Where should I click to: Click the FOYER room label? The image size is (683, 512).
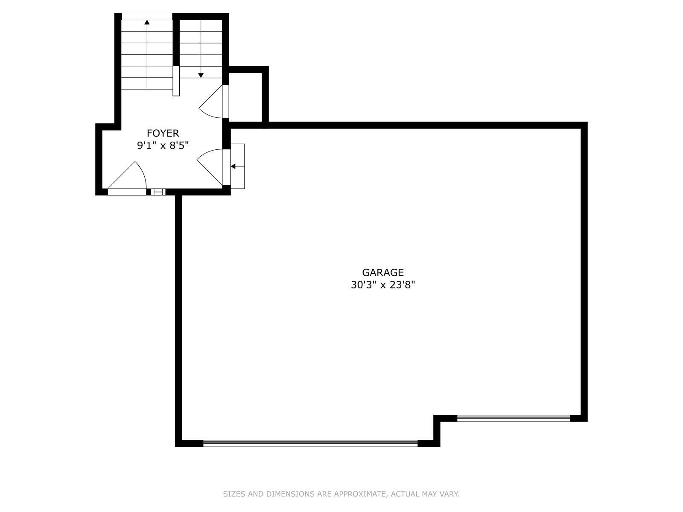tap(163, 134)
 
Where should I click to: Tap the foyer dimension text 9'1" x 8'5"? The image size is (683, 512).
tap(163, 145)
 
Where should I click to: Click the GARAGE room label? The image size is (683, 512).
tap(383, 273)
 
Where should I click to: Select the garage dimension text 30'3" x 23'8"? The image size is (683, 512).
tap(383, 285)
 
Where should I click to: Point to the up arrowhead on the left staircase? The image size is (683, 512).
tap(147, 22)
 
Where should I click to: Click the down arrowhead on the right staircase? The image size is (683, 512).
tap(201, 75)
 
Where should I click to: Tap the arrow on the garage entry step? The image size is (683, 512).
tap(237, 167)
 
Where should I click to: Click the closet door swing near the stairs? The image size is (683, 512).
tap(211, 102)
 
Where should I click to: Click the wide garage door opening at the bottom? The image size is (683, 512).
tap(310, 444)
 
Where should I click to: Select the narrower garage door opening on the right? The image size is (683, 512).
tap(514, 419)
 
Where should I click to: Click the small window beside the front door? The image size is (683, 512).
tap(158, 192)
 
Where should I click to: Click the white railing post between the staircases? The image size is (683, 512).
tap(176, 81)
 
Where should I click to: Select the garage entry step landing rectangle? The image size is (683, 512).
tap(238, 166)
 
